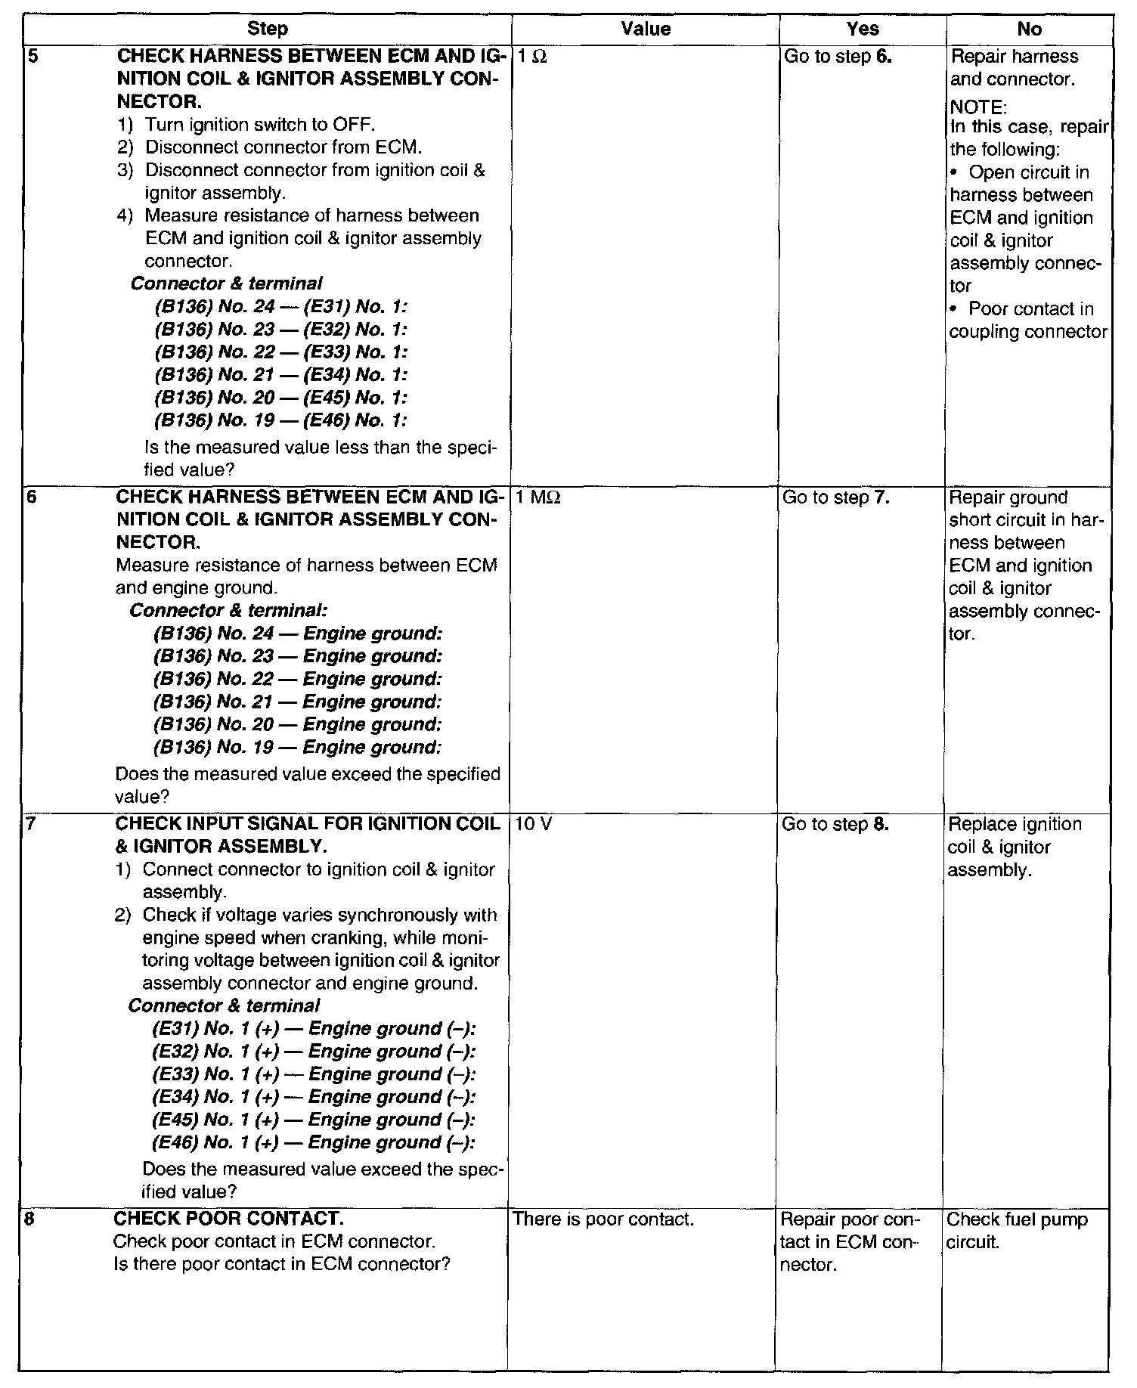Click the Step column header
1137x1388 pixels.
coord(268,29)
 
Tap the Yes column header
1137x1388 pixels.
coord(863,29)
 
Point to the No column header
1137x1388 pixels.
coord(1029,29)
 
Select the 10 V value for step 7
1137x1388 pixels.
coord(533,825)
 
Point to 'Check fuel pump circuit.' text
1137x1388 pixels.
coord(1017,1231)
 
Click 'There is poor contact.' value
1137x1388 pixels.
coord(603,1220)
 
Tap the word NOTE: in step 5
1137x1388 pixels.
coord(978,107)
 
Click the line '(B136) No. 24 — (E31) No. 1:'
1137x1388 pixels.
coord(280,307)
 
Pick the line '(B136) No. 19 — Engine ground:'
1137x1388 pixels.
coord(297,748)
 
